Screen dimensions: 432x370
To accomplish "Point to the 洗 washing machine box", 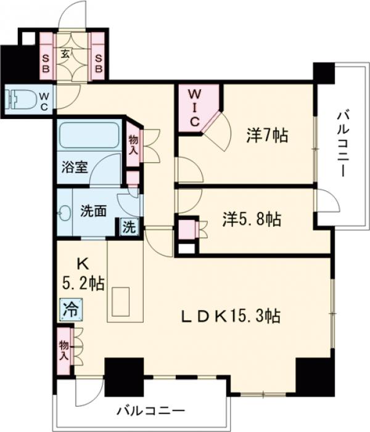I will click(x=128, y=226).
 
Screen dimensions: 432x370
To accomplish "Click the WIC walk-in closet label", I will click(x=194, y=107).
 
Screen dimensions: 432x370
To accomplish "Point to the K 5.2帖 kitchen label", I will click(x=83, y=274).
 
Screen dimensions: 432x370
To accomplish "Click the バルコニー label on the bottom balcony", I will click(x=150, y=410).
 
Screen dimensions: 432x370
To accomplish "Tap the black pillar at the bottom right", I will click(x=314, y=375).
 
